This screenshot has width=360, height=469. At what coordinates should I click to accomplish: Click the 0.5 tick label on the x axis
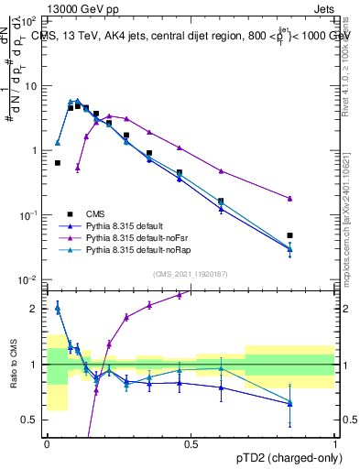click(191, 443)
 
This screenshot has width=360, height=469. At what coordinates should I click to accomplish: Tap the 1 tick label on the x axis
click(335, 443)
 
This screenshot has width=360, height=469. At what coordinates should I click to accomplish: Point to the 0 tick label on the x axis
click(48, 443)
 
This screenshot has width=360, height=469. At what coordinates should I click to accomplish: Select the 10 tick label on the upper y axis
click(30, 85)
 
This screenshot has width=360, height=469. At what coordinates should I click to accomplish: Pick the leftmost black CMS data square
click(58, 163)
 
